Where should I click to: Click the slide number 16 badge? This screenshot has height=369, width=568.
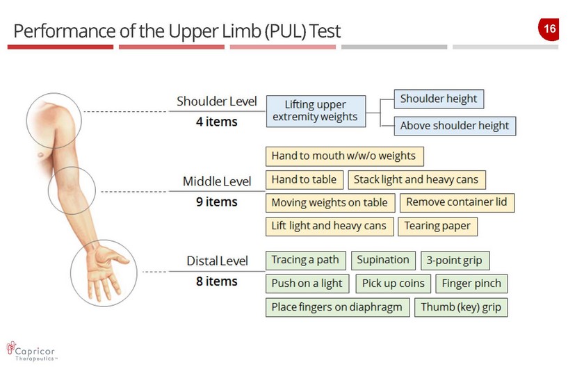(x=548, y=29)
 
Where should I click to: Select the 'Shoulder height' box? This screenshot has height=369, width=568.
(x=438, y=99)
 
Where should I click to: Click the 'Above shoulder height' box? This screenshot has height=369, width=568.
(x=455, y=126)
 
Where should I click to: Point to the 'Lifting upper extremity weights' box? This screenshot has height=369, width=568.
(x=315, y=111)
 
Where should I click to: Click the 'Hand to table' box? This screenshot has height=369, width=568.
(x=304, y=179)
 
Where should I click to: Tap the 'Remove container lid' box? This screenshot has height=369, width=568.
(x=457, y=202)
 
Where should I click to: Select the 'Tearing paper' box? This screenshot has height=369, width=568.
(x=437, y=226)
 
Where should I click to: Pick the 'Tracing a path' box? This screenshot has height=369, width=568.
(x=305, y=260)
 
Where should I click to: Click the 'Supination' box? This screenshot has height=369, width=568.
(x=383, y=260)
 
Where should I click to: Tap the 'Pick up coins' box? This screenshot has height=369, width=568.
(x=393, y=284)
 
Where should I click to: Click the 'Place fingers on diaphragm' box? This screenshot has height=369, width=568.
(x=336, y=307)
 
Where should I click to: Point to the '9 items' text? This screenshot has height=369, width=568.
(x=216, y=202)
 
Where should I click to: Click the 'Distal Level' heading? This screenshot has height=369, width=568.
(x=217, y=261)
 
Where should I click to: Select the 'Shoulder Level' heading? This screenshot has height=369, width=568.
(x=216, y=101)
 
